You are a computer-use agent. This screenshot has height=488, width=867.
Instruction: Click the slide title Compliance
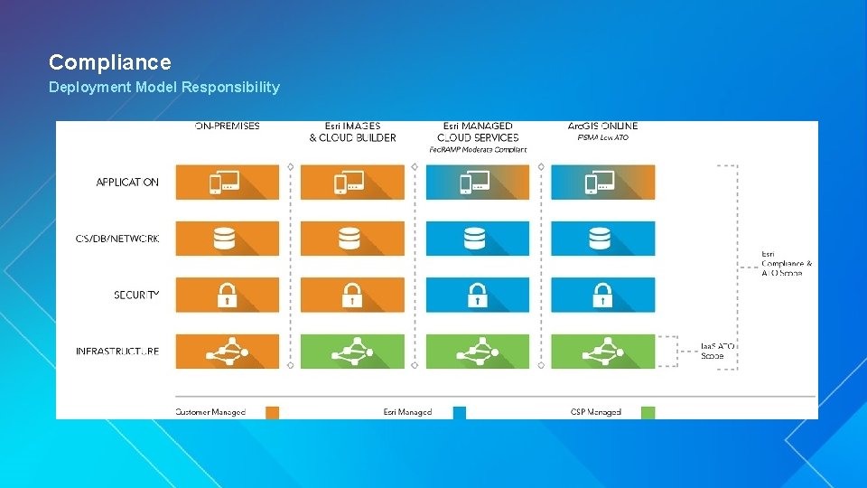[x=109, y=62]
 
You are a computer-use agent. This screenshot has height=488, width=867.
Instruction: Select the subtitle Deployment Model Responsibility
[x=164, y=88]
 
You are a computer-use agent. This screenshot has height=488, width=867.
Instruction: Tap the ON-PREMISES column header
[x=227, y=127]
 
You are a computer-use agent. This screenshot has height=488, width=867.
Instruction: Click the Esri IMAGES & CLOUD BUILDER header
[x=352, y=132]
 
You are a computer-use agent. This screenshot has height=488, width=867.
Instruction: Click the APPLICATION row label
[x=127, y=183]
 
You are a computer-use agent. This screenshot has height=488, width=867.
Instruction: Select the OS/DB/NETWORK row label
[x=117, y=239]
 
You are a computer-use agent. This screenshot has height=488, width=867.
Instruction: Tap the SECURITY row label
[x=136, y=295]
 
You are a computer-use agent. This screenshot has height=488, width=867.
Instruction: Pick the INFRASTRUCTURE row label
[x=117, y=351]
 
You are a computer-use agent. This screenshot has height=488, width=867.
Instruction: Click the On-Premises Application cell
[x=227, y=183]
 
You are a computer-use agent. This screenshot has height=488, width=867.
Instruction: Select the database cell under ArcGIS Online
[x=602, y=239]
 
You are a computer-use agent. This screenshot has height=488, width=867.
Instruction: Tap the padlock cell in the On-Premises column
[x=227, y=295]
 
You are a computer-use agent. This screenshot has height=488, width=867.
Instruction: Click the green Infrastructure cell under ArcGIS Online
[x=602, y=351]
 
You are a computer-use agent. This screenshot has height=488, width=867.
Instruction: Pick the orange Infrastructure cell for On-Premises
[x=227, y=351]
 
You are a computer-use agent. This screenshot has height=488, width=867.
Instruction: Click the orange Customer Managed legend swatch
[x=272, y=412]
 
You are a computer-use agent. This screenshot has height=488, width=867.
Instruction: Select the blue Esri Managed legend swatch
[x=460, y=412]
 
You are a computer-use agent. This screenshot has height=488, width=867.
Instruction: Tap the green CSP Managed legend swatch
[x=647, y=412]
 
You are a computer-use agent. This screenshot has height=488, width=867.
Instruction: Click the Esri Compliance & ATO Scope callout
[x=787, y=264]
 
